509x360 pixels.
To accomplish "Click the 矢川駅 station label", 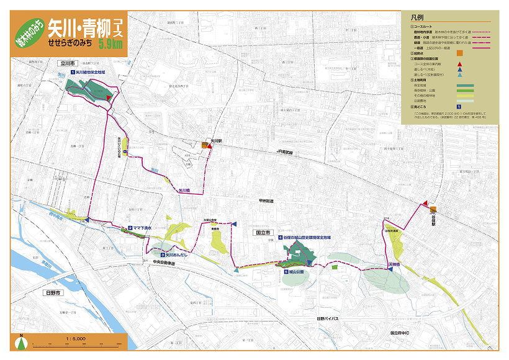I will point(215,141).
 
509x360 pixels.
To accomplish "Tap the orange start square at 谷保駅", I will point(433,210).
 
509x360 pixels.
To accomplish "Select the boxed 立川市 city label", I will point(66,63).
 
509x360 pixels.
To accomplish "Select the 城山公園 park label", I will point(299,271).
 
